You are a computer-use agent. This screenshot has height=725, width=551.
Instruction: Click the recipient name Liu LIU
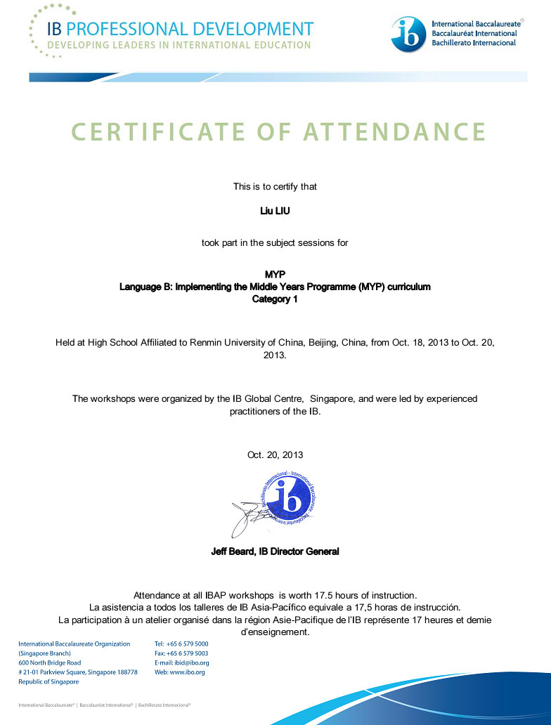pos(275,211)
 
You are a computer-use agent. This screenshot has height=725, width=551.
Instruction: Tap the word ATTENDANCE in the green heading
pos(395,131)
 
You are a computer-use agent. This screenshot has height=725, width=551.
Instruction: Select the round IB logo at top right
pos(408,34)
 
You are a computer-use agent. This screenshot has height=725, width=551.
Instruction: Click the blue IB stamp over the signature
pos(288,502)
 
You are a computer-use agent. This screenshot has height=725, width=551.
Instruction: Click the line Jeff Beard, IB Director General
pos(275,551)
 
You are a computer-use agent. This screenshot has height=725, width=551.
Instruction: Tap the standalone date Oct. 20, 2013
pos(275,455)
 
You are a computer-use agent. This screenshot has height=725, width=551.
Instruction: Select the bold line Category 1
pos(275,299)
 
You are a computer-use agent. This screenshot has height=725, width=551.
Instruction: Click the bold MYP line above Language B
pos(275,274)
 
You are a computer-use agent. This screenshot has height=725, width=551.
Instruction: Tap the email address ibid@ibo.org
pos(191,662)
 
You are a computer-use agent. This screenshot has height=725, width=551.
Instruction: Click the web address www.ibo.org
pos(187,672)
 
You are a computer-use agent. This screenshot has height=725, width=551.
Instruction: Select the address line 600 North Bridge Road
pos(49,662)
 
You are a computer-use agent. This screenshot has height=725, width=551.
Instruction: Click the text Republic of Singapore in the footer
pos(48,681)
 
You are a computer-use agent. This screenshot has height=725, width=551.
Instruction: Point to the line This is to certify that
pos(275,186)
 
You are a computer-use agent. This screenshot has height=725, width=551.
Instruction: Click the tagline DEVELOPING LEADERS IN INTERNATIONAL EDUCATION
pos(179,46)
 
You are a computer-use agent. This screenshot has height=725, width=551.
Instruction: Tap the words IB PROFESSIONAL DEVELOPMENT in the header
pos(180,30)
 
